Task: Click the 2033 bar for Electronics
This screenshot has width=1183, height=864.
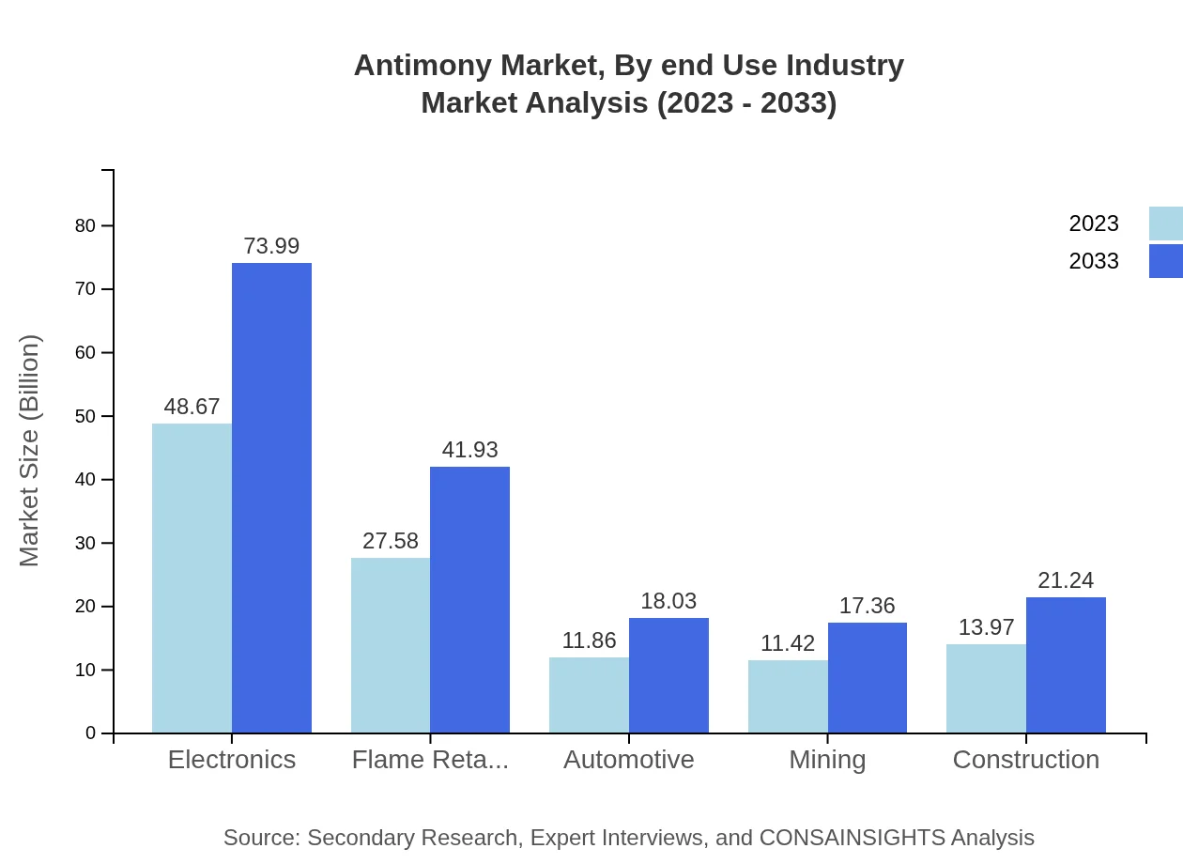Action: tap(271, 498)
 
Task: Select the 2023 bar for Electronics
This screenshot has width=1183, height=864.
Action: tap(192, 578)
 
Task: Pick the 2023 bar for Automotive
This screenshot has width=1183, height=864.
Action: tap(589, 695)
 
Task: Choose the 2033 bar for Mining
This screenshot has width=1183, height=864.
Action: tap(868, 677)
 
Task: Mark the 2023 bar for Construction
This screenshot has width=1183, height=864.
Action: tap(986, 688)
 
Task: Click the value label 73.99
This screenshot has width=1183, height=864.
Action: tap(271, 246)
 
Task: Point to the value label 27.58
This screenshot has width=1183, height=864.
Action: tap(391, 541)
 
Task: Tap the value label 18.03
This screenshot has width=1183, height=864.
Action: tap(668, 601)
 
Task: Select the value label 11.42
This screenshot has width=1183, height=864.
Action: tap(788, 643)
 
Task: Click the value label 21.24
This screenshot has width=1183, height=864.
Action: tap(1066, 580)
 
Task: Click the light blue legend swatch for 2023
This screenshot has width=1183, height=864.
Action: tap(1165, 224)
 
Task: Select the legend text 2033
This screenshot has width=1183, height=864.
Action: tap(1094, 261)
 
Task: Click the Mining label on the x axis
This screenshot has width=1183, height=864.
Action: tap(827, 759)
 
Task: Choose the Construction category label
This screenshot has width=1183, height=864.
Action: tap(1025, 759)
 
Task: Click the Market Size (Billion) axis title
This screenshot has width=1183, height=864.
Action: tap(30, 451)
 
